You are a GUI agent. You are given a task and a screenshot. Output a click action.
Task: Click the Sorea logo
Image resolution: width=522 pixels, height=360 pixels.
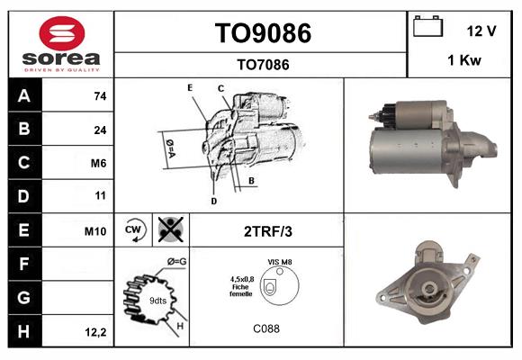(x=61, y=45)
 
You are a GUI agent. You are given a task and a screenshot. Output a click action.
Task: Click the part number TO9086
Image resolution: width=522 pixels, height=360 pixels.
(x=262, y=33)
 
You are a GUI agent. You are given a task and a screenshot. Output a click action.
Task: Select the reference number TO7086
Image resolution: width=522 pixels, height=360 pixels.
(x=262, y=64)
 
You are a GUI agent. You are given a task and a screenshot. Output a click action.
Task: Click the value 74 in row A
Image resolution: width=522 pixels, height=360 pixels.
(x=100, y=96)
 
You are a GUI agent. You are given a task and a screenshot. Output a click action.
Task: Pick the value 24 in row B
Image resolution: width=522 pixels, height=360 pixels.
(x=100, y=130)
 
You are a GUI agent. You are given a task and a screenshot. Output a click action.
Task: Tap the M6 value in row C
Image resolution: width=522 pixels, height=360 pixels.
(x=99, y=163)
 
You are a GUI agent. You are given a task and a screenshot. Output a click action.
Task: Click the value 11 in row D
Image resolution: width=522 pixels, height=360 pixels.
(x=100, y=195)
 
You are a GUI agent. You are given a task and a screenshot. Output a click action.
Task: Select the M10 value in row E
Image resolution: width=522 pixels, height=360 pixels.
(x=95, y=231)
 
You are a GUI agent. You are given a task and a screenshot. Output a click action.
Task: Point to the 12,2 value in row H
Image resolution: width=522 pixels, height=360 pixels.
(x=96, y=332)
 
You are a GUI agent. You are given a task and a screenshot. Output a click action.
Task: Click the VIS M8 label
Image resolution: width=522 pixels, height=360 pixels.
(x=279, y=262)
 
